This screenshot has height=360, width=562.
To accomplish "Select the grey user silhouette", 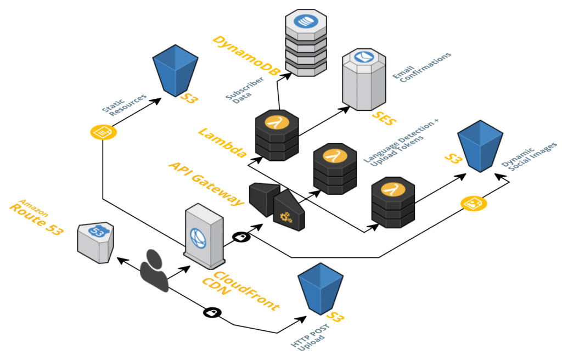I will (x=154, y=270).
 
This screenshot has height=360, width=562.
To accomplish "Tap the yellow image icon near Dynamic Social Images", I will (x=472, y=204).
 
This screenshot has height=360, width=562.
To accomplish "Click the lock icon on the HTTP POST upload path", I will (x=212, y=312).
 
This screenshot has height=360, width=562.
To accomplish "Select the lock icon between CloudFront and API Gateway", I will (x=240, y=237).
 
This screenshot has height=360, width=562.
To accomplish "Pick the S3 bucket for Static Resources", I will (x=175, y=71).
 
